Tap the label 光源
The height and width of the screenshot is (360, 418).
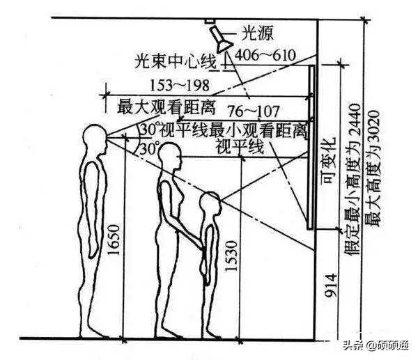click(257, 32)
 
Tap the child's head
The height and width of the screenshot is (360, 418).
click(210, 204)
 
